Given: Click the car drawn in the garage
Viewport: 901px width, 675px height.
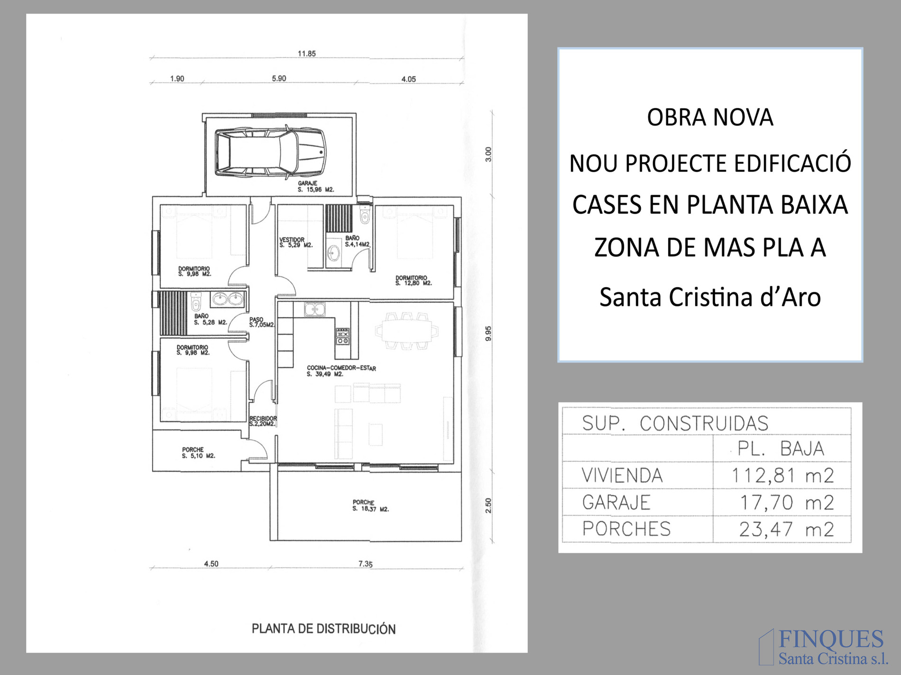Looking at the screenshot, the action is (270, 152).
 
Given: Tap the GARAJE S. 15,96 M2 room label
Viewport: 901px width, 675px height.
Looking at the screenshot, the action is (316, 187).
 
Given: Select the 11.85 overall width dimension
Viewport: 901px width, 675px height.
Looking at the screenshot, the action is (306, 54).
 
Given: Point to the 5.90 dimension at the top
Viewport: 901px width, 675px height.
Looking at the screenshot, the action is (279, 78).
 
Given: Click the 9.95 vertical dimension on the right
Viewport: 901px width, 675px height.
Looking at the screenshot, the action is (488, 333).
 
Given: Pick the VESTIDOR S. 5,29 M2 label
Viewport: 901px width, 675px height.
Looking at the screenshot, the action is (296, 243).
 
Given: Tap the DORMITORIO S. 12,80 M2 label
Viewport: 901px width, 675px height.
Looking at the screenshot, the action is (414, 280).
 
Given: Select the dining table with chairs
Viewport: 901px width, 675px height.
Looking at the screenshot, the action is (407, 331).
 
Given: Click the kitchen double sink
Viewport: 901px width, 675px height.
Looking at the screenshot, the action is (314, 309).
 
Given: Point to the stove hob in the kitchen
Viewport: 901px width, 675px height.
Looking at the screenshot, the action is (343, 335).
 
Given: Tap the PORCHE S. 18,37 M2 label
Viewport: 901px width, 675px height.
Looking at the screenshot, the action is (370, 506).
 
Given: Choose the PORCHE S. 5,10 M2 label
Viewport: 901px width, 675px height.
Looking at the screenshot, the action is (198, 453).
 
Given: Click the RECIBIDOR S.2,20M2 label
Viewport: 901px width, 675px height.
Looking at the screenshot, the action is (263, 421).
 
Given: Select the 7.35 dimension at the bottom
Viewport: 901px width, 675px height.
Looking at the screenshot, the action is (365, 564).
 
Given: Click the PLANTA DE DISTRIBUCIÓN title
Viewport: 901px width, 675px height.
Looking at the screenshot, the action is (323, 629).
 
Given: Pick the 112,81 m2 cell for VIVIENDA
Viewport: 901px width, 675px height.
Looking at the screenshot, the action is (782, 475).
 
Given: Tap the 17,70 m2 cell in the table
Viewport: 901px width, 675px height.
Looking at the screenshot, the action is (787, 502).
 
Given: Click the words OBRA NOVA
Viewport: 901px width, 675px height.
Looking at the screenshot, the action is (710, 117).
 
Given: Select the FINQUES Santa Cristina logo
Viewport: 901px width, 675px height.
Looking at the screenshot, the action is (824, 647).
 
